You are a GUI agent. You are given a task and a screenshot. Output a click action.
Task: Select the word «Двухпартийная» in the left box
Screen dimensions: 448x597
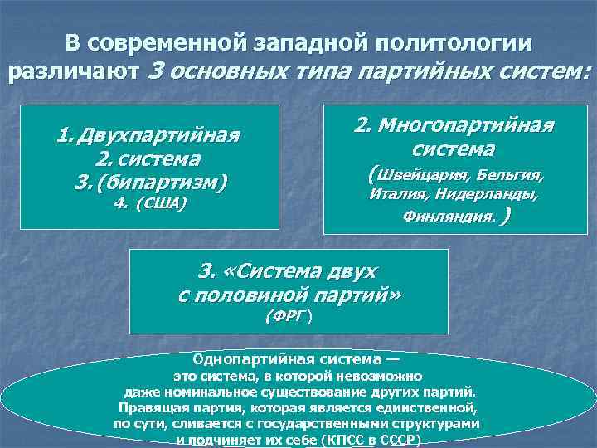pos(158,135)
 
